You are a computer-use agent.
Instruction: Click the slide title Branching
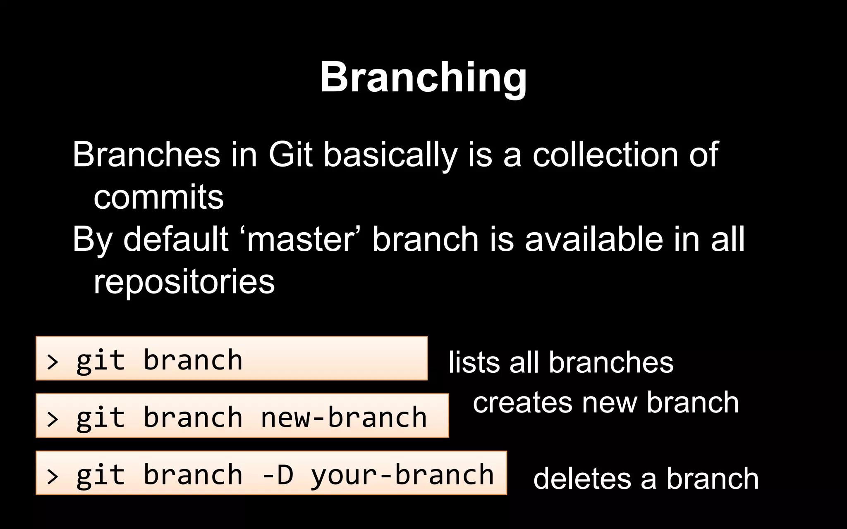[x=423, y=77]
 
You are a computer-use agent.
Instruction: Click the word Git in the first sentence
[x=290, y=155]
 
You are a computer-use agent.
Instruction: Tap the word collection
[x=605, y=155]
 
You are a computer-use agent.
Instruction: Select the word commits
[x=158, y=198]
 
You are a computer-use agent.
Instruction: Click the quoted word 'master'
[x=301, y=239]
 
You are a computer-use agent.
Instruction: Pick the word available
[x=594, y=239]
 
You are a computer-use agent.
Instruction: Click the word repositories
[x=184, y=282]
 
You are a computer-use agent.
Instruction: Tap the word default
[x=176, y=239]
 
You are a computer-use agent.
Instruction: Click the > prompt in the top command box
[x=53, y=362]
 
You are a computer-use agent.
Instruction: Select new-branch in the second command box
[x=344, y=417]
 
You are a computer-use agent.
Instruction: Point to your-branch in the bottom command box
[x=402, y=475]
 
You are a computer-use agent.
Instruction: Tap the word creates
[x=522, y=403]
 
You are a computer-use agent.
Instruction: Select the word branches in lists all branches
[x=611, y=362]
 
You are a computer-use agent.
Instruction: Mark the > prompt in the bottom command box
[x=53, y=476]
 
